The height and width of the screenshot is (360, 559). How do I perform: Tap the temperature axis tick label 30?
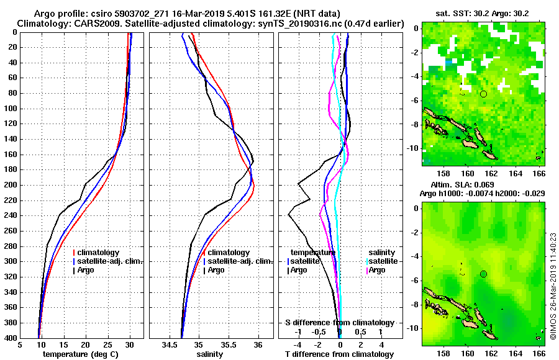click(129, 345)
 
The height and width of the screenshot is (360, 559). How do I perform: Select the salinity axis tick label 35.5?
click(228, 345)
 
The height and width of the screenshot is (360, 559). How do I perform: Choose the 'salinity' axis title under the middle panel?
click(209, 354)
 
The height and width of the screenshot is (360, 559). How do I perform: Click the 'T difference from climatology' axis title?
click(339, 354)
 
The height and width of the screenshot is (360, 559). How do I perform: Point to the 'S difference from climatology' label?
click(339, 323)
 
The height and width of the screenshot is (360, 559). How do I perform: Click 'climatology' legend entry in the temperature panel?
click(99, 253)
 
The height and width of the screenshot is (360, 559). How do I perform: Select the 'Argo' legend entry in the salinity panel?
click(216, 270)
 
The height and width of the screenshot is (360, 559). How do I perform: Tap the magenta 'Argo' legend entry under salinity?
click(377, 270)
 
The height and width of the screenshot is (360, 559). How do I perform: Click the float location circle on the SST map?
click(483, 94)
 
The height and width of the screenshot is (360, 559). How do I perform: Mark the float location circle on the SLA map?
click(483, 274)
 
